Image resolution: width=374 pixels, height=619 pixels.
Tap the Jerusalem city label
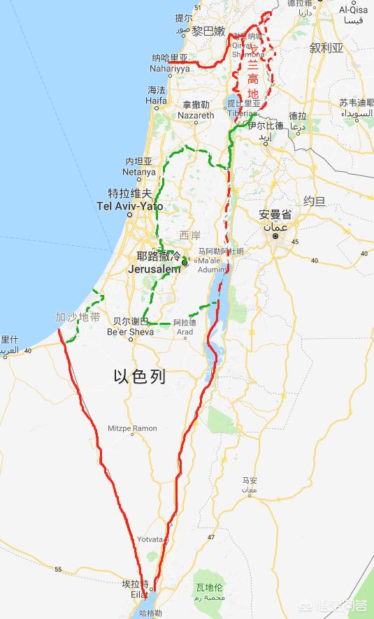pos(154,269)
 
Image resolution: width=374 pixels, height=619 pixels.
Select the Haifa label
pos(156,101)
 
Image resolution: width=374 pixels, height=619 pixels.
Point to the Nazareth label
pos(196,115)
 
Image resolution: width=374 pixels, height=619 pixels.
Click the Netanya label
pos(139,172)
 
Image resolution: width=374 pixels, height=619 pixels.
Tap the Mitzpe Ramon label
pos(132,428)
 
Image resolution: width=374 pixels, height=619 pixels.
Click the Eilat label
pos(138,594)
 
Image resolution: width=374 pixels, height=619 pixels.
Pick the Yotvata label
pos(150,540)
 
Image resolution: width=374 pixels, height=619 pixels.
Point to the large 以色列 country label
pos(140,377)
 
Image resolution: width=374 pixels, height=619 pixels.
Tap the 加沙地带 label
pos(78,317)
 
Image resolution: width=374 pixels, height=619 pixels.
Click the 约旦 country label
pos(314,201)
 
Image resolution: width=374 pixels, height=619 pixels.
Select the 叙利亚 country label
pos(326,48)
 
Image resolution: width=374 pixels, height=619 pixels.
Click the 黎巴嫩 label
pos(209,31)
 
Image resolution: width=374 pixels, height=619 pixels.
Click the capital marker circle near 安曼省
pos(275,236)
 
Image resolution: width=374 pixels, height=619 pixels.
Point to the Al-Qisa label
pos(353,10)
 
